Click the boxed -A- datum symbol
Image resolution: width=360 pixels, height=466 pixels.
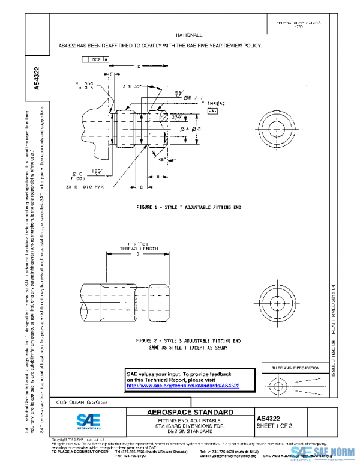point(213,112)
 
